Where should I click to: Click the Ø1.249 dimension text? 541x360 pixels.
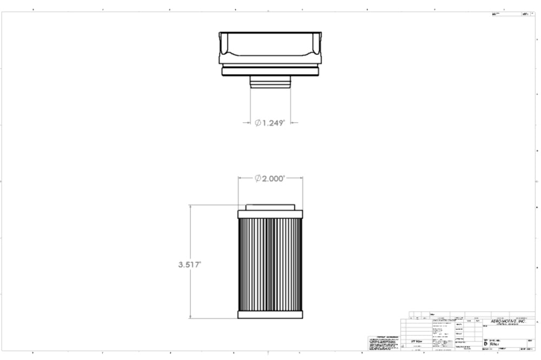[270, 123]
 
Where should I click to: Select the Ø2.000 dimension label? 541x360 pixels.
[270, 179]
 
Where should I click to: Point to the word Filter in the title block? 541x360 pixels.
[496, 344]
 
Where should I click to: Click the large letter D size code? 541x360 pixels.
[485, 344]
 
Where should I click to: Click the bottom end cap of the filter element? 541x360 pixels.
[270, 315]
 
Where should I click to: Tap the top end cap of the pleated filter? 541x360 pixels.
[270, 212]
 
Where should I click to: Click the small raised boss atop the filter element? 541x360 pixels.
[270, 206]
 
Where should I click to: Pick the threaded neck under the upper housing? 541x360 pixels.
[270, 81]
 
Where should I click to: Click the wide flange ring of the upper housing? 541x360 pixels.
[270, 70]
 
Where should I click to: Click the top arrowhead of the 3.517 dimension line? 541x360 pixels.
[190, 207]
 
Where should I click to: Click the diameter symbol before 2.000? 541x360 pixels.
[259, 179]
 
